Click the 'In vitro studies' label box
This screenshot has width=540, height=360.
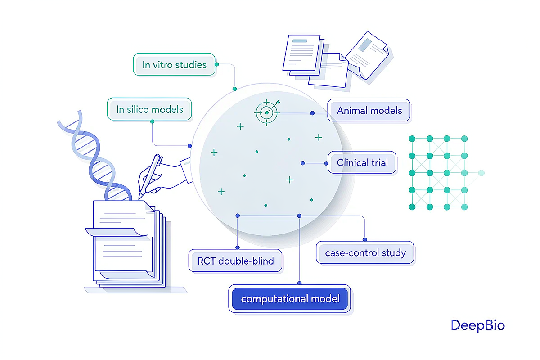(174, 64)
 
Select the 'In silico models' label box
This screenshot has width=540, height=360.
(149, 109)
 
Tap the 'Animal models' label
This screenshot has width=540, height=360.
(369, 110)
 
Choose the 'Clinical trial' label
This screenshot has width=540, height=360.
(362, 162)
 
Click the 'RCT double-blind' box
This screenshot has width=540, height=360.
(235, 261)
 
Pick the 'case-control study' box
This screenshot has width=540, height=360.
(365, 253)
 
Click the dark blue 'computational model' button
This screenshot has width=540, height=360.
(290, 299)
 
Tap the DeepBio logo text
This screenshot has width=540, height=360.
(477, 325)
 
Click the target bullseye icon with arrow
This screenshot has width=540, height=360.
(267, 112)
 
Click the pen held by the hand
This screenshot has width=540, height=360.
(150, 176)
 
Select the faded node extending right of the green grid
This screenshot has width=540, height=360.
(481, 173)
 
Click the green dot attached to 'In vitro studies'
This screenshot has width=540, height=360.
(217, 64)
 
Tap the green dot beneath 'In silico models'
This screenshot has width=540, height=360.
(153, 121)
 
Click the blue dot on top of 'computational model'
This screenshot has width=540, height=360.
(299, 283)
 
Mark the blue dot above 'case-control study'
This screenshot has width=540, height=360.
(365, 239)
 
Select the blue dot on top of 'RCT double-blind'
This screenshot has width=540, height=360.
(238, 247)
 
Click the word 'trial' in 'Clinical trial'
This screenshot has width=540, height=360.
(380, 162)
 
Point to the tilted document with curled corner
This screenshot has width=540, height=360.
(367, 55)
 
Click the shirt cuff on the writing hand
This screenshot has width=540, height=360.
(186, 170)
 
